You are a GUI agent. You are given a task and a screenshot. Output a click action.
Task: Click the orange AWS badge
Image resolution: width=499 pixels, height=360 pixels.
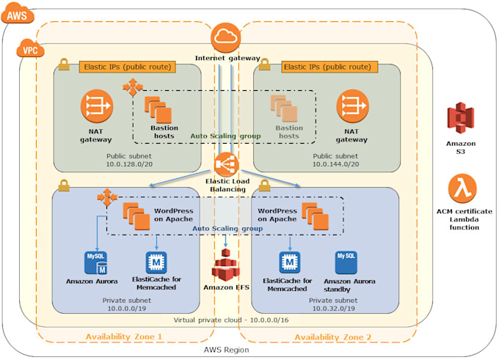[x=18, y=12]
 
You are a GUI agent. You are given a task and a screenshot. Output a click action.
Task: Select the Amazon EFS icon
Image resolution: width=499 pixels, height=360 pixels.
[x=225, y=265]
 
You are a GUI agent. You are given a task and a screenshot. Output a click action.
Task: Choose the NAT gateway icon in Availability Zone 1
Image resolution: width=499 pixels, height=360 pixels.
[x=96, y=107]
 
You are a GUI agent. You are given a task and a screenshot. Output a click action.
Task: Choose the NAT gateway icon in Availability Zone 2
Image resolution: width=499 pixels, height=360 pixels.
[x=352, y=107]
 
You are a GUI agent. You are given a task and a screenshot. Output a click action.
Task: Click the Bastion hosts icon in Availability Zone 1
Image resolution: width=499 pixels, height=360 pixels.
[x=158, y=109]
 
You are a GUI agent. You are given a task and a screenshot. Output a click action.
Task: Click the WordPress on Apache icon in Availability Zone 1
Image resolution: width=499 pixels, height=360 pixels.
[x=135, y=214]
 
